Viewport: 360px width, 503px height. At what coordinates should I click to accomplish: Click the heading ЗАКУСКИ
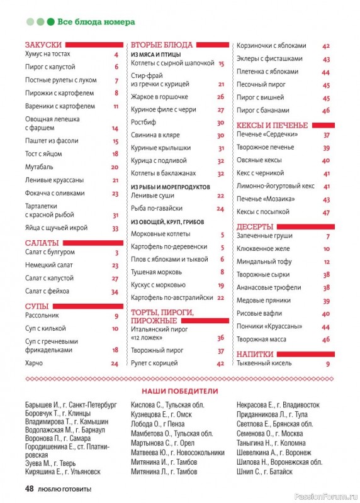pyautogui.click(x=43, y=45)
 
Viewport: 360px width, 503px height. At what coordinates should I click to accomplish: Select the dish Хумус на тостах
pyautogui.click(x=48, y=54)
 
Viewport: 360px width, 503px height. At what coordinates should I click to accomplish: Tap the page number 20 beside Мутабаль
pyautogui.click(x=115, y=167)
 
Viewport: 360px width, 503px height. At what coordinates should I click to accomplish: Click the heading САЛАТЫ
pyautogui.click(x=42, y=243)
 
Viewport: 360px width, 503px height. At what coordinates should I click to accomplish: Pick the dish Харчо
pyautogui.click(x=34, y=363)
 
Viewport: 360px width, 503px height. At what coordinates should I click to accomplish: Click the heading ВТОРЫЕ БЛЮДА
pyautogui.click(x=161, y=45)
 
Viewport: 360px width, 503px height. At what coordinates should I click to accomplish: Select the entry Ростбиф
pyautogui.click(x=144, y=123)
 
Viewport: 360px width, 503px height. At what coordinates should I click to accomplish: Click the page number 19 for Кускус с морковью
pyautogui.click(x=221, y=285)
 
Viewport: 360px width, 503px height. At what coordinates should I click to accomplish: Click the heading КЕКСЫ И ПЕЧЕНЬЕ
pyautogui.click(x=272, y=125)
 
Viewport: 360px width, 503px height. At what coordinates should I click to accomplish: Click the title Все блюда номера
pyautogui.click(x=96, y=22)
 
